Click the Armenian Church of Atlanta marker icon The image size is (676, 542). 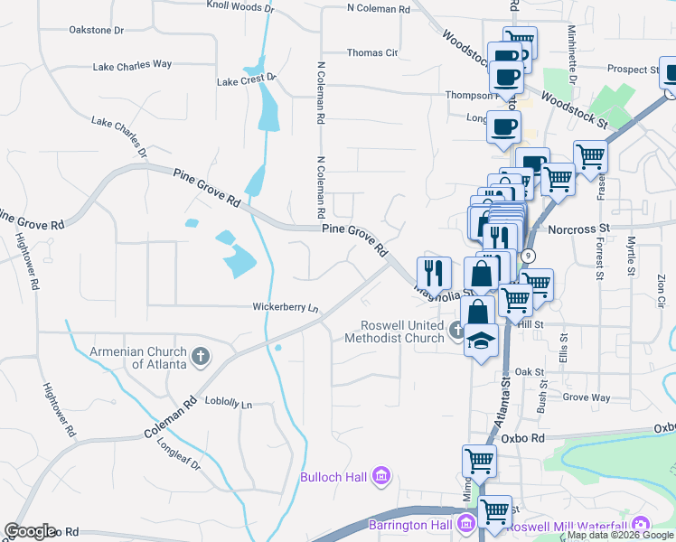[x=200, y=357]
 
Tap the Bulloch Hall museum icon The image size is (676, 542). [x=380, y=475]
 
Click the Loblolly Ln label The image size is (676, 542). [x=229, y=404]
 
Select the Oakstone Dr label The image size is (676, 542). [x=96, y=30]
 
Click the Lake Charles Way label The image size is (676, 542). [x=132, y=65]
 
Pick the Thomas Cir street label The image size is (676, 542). [x=372, y=53]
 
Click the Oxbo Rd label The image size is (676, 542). [x=525, y=438]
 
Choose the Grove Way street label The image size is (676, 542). [x=587, y=397]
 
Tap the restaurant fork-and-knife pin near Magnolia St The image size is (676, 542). [x=434, y=272]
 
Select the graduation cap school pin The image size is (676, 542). [x=482, y=340]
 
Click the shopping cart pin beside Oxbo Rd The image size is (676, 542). [x=479, y=460]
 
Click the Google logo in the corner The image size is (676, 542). [x=30, y=531]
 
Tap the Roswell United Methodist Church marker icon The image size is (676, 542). [x=457, y=332]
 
